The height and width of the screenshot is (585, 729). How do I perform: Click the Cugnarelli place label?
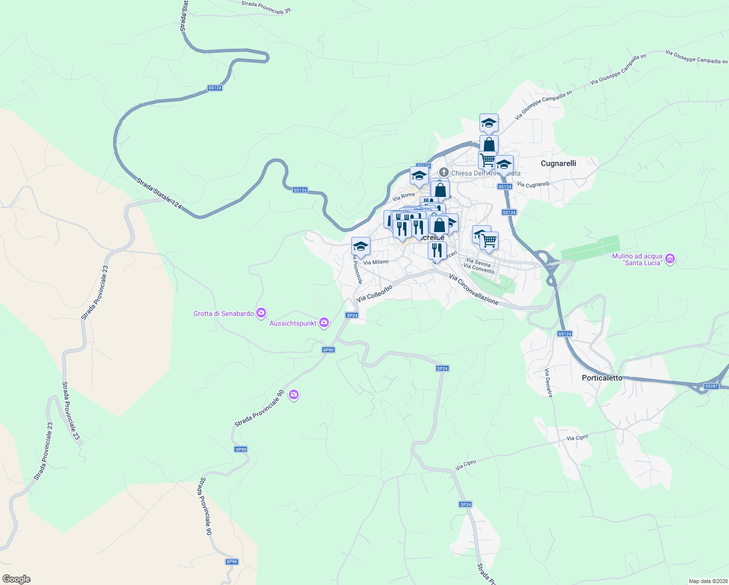tap(558, 163)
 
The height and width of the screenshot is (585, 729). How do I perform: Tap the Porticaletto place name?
tap(602, 378)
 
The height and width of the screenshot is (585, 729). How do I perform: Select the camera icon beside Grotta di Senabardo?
tap(261, 312)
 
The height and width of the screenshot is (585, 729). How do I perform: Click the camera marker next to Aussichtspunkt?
tap(324, 322)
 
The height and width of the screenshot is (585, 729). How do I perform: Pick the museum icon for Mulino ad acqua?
tap(670, 258)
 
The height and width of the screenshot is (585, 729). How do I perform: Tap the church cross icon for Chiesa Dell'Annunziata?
tap(443, 172)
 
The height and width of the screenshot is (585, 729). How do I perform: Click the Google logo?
tap(16, 579)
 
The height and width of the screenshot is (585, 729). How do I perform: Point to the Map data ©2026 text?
tap(708, 581)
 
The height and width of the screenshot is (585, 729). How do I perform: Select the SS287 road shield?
tap(711, 386)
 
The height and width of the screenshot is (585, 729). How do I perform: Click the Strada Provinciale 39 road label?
tap(266, 7)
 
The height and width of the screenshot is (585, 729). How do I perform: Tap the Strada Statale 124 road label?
tap(159, 194)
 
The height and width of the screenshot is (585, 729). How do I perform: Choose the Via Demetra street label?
tap(549, 383)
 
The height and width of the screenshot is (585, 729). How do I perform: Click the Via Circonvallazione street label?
tap(474, 290)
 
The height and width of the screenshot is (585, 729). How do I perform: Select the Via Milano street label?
tap(376, 262)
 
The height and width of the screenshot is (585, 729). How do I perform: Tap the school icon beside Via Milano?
tap(361, 246)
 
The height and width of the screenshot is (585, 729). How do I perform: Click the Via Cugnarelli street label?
tap(533, 184)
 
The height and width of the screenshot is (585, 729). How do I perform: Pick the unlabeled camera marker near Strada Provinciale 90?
tap(293, 394)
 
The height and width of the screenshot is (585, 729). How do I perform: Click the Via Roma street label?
tap(403, 196)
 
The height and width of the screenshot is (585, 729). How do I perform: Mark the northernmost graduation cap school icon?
tap(489, 123)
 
